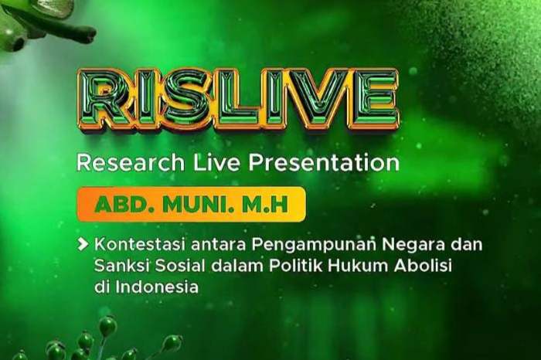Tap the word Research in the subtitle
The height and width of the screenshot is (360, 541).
tap(129, 163)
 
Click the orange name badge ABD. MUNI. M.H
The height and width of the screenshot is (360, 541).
tap(190, 205)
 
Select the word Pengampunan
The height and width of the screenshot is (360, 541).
tap(291, 246)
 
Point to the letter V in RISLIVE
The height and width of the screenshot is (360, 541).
tap(322, 100)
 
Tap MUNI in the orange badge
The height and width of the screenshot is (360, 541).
tap(199, 205)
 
